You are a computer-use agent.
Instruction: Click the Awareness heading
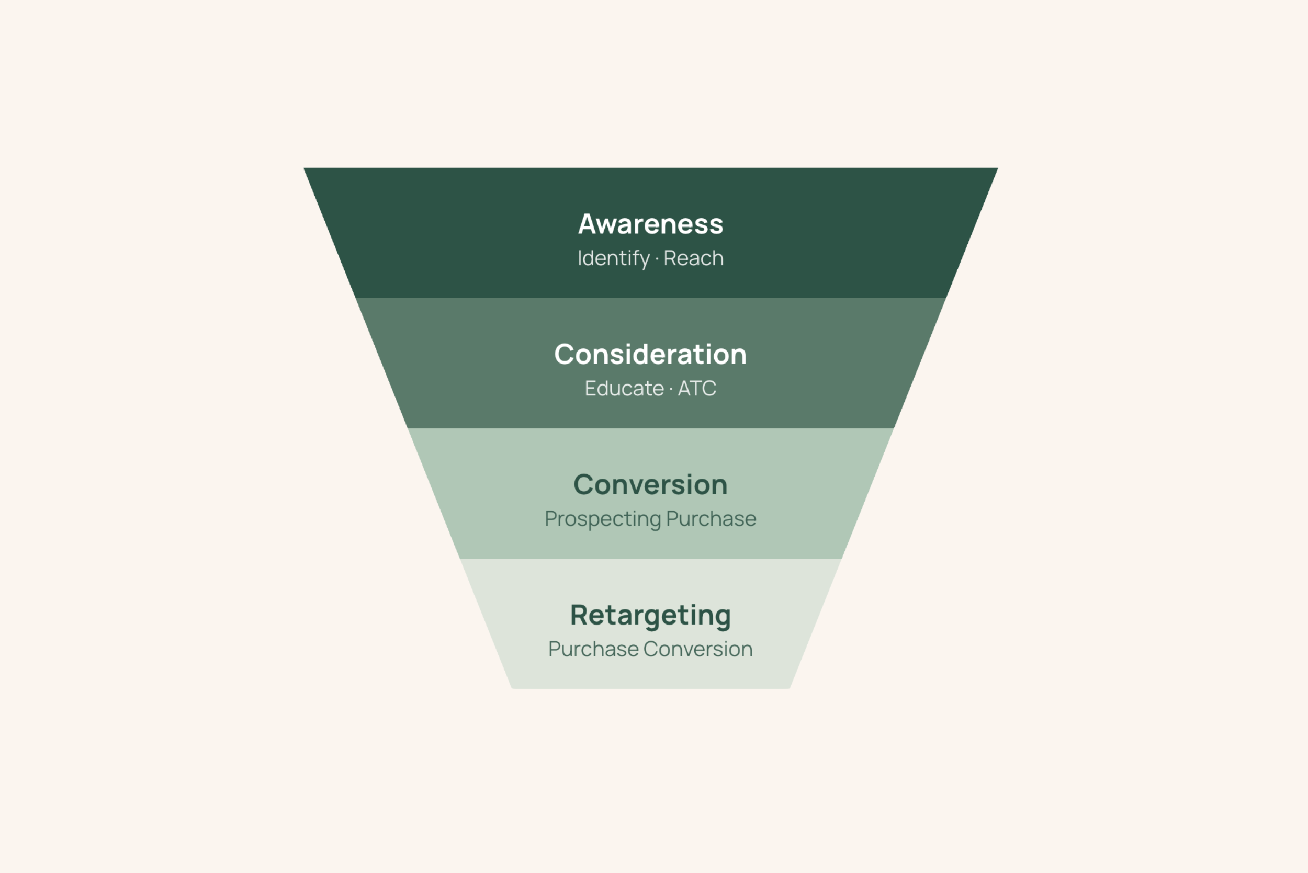(x=650, y=224)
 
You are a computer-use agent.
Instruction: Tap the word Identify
(x=613, y=259)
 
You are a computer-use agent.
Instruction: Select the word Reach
(x=693, y=258)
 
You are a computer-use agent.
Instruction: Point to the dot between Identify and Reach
(x=657, y=259)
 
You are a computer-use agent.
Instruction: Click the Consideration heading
(x=650, y=355)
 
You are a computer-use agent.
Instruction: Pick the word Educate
(x=624, y=389)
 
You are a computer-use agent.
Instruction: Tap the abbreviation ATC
(x=696, y=389)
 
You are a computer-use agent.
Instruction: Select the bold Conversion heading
(x=650, y=485)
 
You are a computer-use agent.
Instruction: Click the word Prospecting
(x=603, y=519)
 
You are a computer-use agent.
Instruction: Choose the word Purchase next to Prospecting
(x=711, y=519)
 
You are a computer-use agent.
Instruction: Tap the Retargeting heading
(x=650, y=616)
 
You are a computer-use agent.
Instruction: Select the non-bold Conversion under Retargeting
(x=698, y=649)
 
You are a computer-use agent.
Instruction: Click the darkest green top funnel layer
(x=445, y=234)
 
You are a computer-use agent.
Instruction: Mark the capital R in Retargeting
(x=580, y=615)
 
